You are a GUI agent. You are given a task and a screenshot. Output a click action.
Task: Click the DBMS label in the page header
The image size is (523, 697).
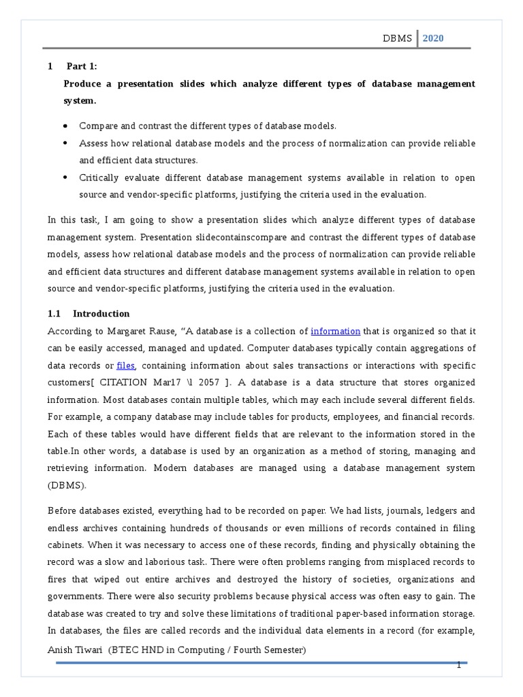(x=398, y=38)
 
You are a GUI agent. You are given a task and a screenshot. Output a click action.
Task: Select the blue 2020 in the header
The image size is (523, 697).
(x=432, y=38)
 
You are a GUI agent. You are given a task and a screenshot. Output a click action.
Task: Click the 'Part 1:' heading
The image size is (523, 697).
(x=82, y=66)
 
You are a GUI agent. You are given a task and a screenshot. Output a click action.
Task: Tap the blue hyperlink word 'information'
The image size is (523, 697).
(x=335, y=331)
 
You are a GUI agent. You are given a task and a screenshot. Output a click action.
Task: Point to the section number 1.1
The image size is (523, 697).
(x=54, y=314)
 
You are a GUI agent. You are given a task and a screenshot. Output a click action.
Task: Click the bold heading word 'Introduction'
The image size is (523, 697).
(x=101, y=314)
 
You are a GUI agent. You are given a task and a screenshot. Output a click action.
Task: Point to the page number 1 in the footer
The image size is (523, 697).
(x=459, y=665)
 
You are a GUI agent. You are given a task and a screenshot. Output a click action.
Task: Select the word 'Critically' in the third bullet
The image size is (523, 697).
(x=100, y=178)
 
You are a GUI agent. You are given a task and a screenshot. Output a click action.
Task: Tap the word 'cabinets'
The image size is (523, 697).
(x=67, y=545)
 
